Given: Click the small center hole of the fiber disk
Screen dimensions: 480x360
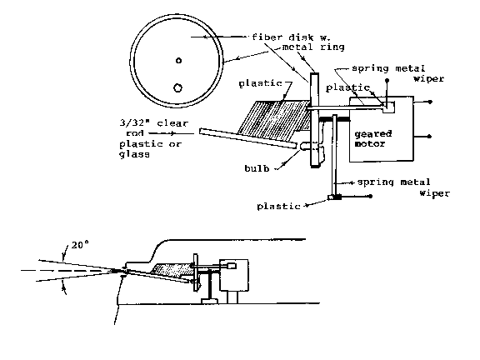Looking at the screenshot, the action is (179, 61).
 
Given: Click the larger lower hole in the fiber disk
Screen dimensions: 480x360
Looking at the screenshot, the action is (177, 87).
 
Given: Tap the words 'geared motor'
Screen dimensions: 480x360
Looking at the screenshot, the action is (373, 138).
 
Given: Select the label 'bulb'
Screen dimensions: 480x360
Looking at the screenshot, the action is (257, 168).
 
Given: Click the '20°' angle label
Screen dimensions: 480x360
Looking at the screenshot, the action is (80, 245).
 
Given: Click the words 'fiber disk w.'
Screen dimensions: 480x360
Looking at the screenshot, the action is (291, 37).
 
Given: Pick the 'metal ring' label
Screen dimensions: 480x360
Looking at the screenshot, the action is (313, 47).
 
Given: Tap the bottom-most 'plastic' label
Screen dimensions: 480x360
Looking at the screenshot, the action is (278, 207).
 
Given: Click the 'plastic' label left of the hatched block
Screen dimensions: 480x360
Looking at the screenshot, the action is (261, 83).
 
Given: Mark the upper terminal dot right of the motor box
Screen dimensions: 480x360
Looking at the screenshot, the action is (430, 102).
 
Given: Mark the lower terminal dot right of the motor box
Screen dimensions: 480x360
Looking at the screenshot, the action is (430, 136).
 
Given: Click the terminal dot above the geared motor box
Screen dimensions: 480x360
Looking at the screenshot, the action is (387, 81).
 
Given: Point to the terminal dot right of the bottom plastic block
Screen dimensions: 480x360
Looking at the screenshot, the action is (370, 196).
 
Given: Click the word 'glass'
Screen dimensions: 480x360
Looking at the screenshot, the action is (134, 154).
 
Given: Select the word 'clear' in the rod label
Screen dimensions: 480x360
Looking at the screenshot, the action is (172, 123).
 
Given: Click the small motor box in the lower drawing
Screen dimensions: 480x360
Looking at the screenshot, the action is (234, 275).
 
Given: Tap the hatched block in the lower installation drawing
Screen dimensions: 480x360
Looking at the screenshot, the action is (172, 270).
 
